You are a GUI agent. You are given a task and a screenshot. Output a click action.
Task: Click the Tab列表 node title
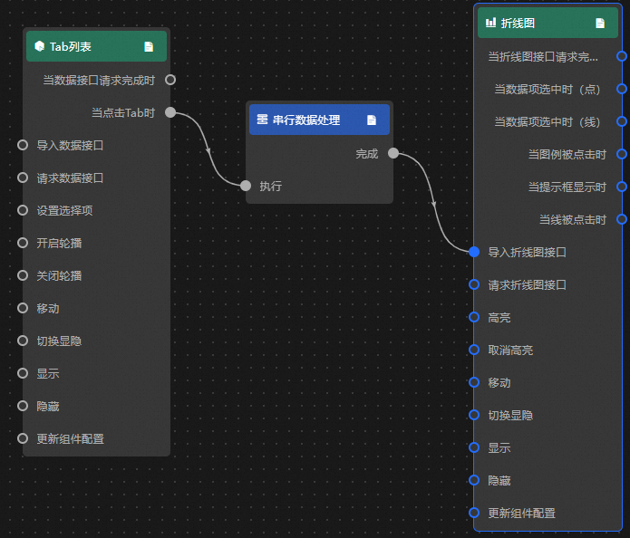coord(70,46)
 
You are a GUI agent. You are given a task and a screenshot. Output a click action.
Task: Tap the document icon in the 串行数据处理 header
coord(372,120)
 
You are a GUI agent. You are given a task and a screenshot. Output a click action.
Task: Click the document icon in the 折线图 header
coord(600,24)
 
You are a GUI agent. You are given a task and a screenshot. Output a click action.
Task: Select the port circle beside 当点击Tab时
coord(170,113)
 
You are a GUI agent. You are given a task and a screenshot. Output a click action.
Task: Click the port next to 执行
coord(246,186)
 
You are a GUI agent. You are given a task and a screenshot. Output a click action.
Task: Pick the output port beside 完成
coord(393,153)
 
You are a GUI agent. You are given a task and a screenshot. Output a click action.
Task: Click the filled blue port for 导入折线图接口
coord(474,252)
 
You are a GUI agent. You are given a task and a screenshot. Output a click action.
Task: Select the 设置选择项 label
coord(65,210)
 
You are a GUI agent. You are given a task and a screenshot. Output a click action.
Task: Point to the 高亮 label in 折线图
coord(499,317)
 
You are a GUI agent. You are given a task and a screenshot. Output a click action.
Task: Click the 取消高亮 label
coord(510,350)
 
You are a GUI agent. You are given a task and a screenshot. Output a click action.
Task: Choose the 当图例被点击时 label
coord(567,154)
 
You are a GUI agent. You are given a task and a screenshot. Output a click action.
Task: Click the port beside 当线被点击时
coord(621,219)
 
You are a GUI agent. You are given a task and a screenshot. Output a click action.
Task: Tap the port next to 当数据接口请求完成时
coord(170,80)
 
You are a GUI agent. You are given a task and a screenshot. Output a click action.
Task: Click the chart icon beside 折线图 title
coord(491,23)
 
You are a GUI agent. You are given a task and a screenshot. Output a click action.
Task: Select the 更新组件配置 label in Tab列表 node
coord(71,438)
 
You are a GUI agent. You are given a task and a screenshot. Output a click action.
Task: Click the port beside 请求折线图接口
coord(474,284)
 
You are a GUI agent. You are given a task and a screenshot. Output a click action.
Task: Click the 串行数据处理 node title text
coord(306,120)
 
